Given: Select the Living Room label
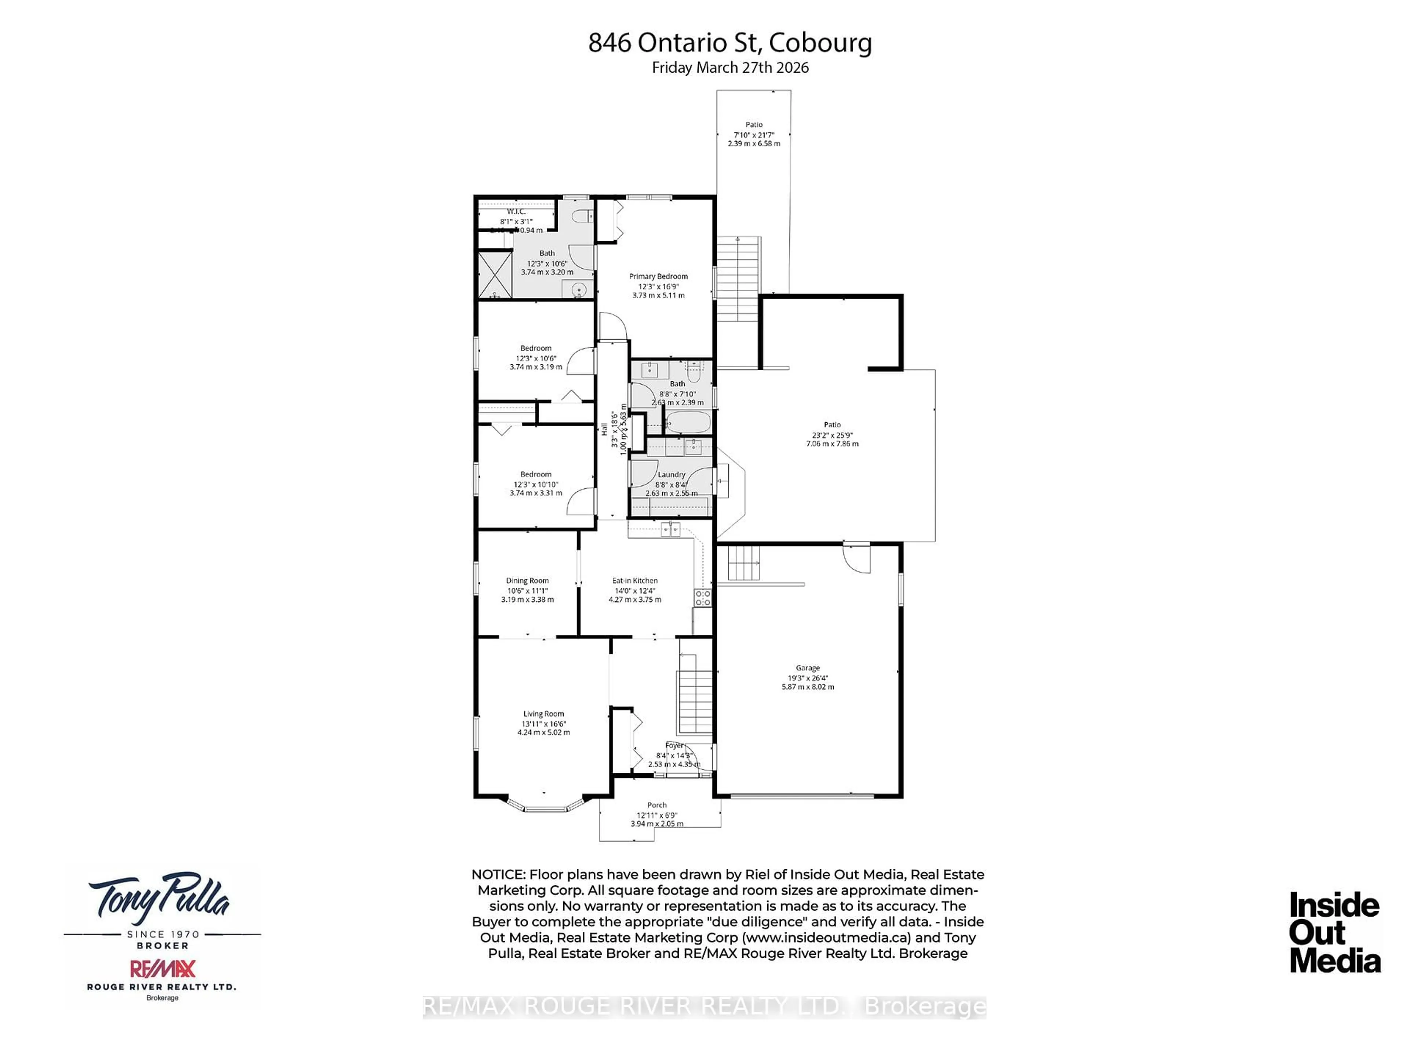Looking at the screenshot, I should coord(543,714).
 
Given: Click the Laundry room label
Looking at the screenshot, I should coord(671,474).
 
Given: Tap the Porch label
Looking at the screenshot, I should coord(657,805).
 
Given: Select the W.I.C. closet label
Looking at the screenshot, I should coord(516,211).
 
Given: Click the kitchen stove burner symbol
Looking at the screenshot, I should coord(703,597).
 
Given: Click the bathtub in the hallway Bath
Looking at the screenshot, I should coord(688,422).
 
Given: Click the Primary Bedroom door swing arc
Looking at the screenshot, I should coord(613,326).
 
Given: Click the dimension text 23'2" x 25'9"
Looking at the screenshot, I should coord(832,435).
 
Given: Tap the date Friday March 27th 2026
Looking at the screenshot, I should coord(730,68).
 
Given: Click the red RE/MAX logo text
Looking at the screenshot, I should coord(163,969).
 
